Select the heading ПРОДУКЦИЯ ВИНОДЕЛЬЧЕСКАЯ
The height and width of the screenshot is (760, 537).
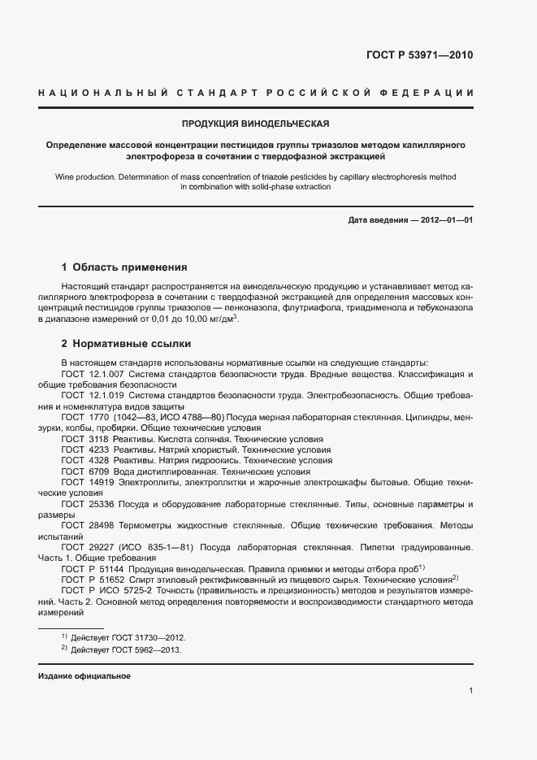click(255, 124)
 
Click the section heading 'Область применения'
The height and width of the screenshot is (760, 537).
click(130, 267)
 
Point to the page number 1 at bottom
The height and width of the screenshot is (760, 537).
click(470, 691)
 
